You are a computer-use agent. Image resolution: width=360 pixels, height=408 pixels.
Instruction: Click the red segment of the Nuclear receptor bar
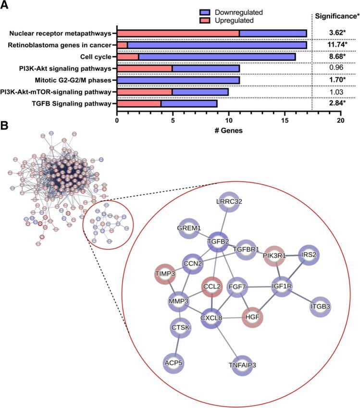pyautogui.click(x=178, y=34)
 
